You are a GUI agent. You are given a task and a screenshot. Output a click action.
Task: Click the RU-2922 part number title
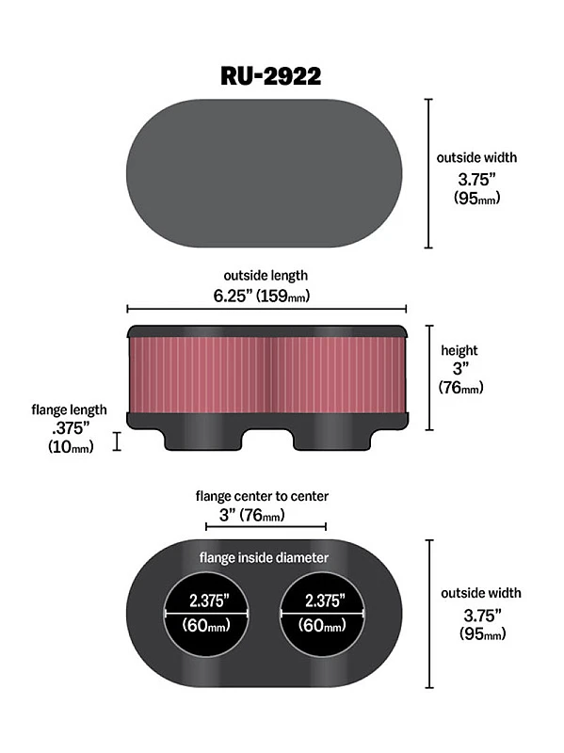click(270, 74)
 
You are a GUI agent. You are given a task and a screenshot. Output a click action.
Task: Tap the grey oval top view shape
click(264, 173)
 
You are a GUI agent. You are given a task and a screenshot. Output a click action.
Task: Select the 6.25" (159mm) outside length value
click(265, 295)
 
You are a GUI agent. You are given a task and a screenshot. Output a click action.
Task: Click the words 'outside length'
click(265, 275)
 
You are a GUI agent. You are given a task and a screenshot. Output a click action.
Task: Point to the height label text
click(460, 350)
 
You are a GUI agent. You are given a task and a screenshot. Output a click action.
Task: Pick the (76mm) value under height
click(462, 386)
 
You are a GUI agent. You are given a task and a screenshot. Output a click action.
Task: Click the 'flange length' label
click(69, 410)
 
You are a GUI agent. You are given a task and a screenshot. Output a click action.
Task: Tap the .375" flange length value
click(68, 428)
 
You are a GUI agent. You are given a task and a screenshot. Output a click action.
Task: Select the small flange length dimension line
click(118, 441)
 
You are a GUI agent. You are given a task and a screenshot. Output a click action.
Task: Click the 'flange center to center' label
click(262, 495)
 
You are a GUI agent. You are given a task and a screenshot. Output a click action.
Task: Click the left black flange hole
click(206, 613)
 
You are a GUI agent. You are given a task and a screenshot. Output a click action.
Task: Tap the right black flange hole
click(321, 613)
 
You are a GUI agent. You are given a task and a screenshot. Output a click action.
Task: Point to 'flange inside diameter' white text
click(264, 557)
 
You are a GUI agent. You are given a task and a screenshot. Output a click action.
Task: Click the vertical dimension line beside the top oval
click(428, 173)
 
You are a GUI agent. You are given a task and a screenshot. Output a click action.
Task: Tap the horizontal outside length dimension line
click(266, 308)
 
